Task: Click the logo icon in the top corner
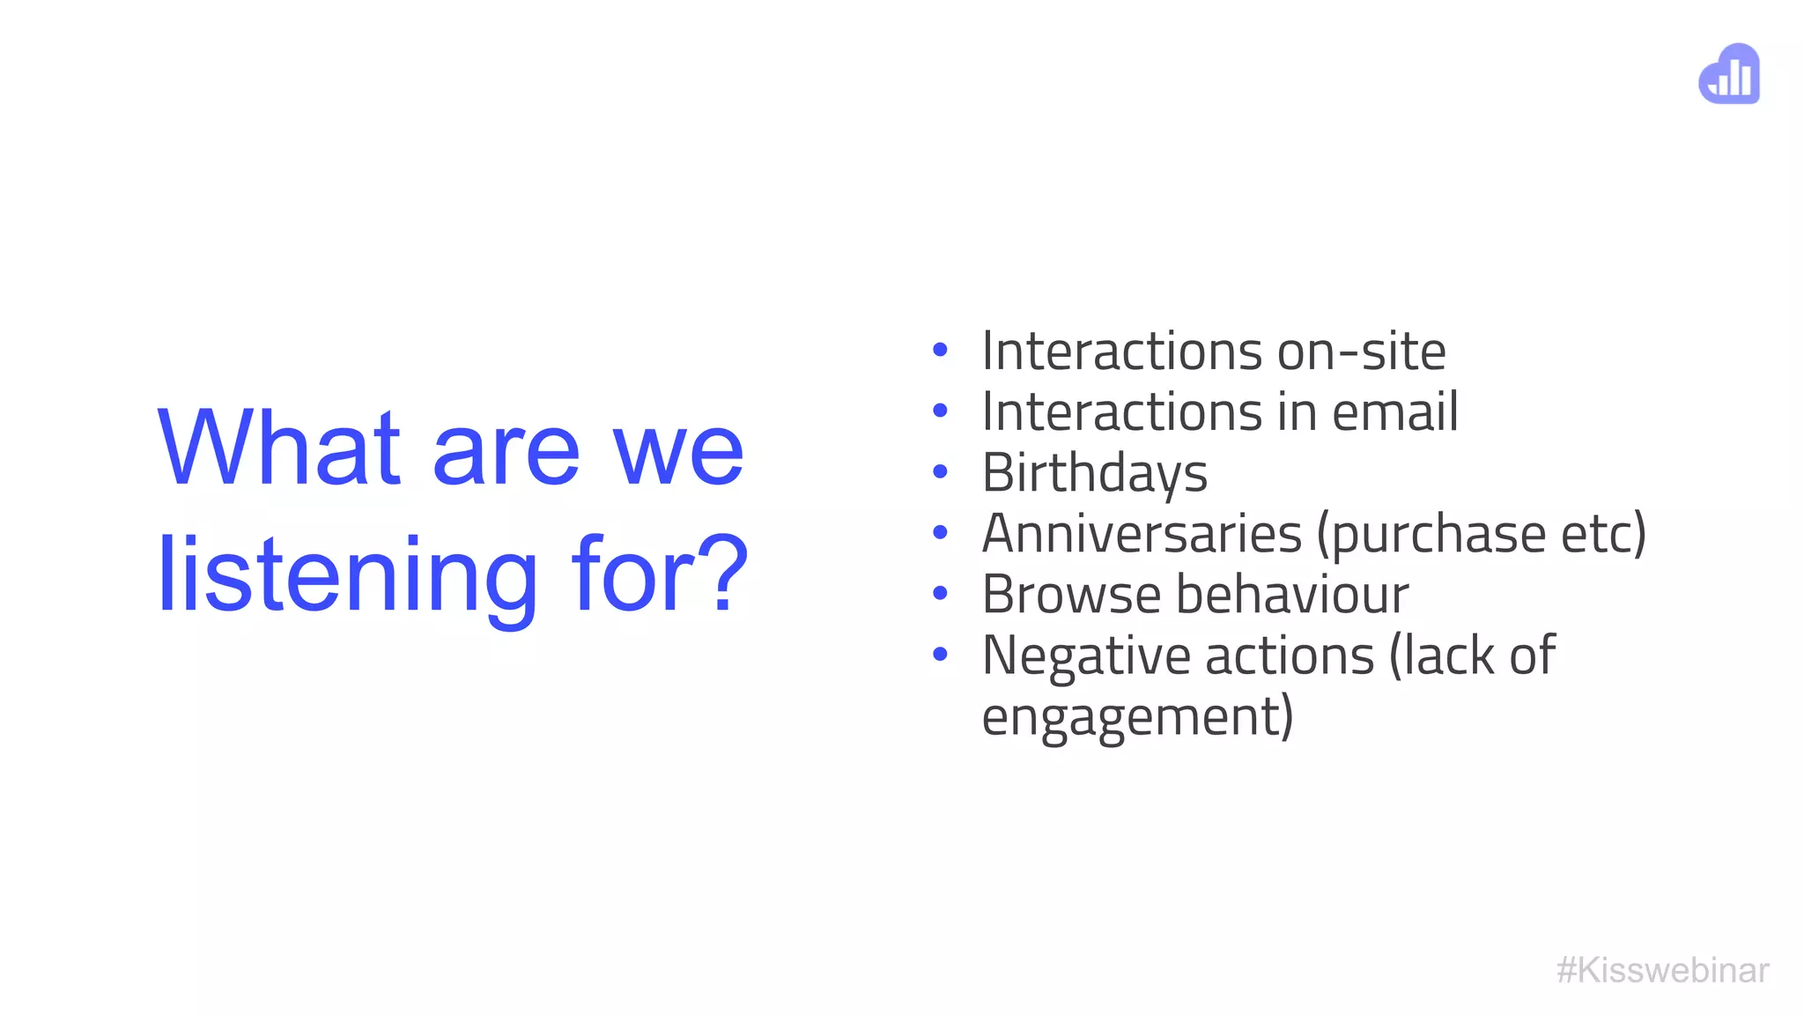(x=1729, y=74)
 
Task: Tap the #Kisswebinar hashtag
(x=1662, y=970)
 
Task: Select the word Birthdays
(x=1094, y=473)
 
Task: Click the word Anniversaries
(x=1142, y=534)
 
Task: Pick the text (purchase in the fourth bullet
(x=1431, y=534)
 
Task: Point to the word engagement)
(x=1137, y=717)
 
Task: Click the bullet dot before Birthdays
(x=940, y=472)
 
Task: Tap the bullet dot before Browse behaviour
(x=940, y=594)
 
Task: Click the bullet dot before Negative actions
(x=940, y=655)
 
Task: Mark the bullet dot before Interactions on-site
(x=940, y=351)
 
